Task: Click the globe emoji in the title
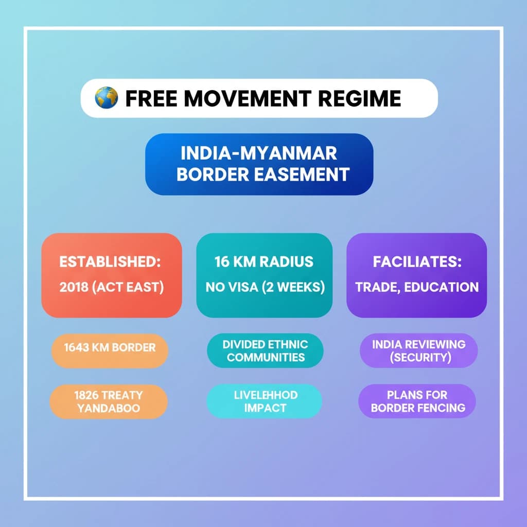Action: click(x=106, y=98)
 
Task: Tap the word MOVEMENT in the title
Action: click(x=247, y=98)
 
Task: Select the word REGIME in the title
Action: click(x=359, y=98)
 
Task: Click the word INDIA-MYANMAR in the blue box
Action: click(x=259, y=153)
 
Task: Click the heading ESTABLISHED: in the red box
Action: click(x=110, y=261)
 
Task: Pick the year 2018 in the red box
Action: click(x=74, y=287)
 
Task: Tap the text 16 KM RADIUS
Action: click(x=264, y=261)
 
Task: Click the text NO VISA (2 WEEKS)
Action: click(x=265, y=287)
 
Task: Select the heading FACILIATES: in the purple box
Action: click(x=417, y=261)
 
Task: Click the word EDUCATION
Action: click(x=441, y=287)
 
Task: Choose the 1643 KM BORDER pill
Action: click(x=110, y=350)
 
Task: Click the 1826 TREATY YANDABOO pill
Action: click(x=109, y=401)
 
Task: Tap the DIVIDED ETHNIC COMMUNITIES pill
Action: click(x=265, y=350)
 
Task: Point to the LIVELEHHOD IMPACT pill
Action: click(x=265, y=401)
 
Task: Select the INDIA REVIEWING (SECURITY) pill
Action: click(x=418, y=350)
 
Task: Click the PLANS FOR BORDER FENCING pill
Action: click(x=417, y=401)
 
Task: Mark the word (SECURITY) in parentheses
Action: click(x=420, y=357)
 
